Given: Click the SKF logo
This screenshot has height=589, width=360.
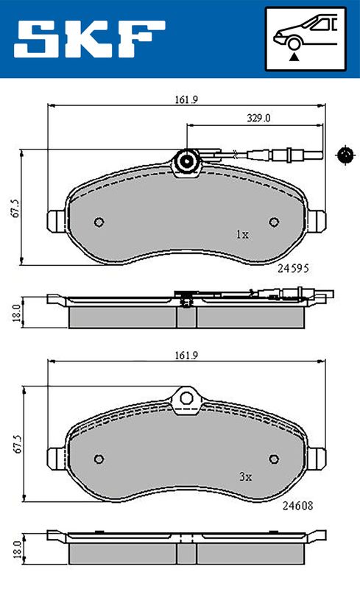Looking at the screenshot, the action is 89,39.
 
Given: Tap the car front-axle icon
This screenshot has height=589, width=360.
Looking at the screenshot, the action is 306,39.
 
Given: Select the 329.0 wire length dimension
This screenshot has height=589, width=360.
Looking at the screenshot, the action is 258,118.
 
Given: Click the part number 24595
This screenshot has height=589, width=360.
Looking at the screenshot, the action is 293,268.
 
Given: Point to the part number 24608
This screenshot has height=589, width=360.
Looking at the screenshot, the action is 297,506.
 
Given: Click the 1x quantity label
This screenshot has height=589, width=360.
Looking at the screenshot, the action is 242,235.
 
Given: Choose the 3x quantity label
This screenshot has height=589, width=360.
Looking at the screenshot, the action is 245,476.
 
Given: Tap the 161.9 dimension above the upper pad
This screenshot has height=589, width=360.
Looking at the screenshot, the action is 186,100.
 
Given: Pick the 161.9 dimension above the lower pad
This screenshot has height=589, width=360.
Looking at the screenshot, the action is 186,356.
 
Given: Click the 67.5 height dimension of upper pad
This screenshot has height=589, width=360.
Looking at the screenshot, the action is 15,208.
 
